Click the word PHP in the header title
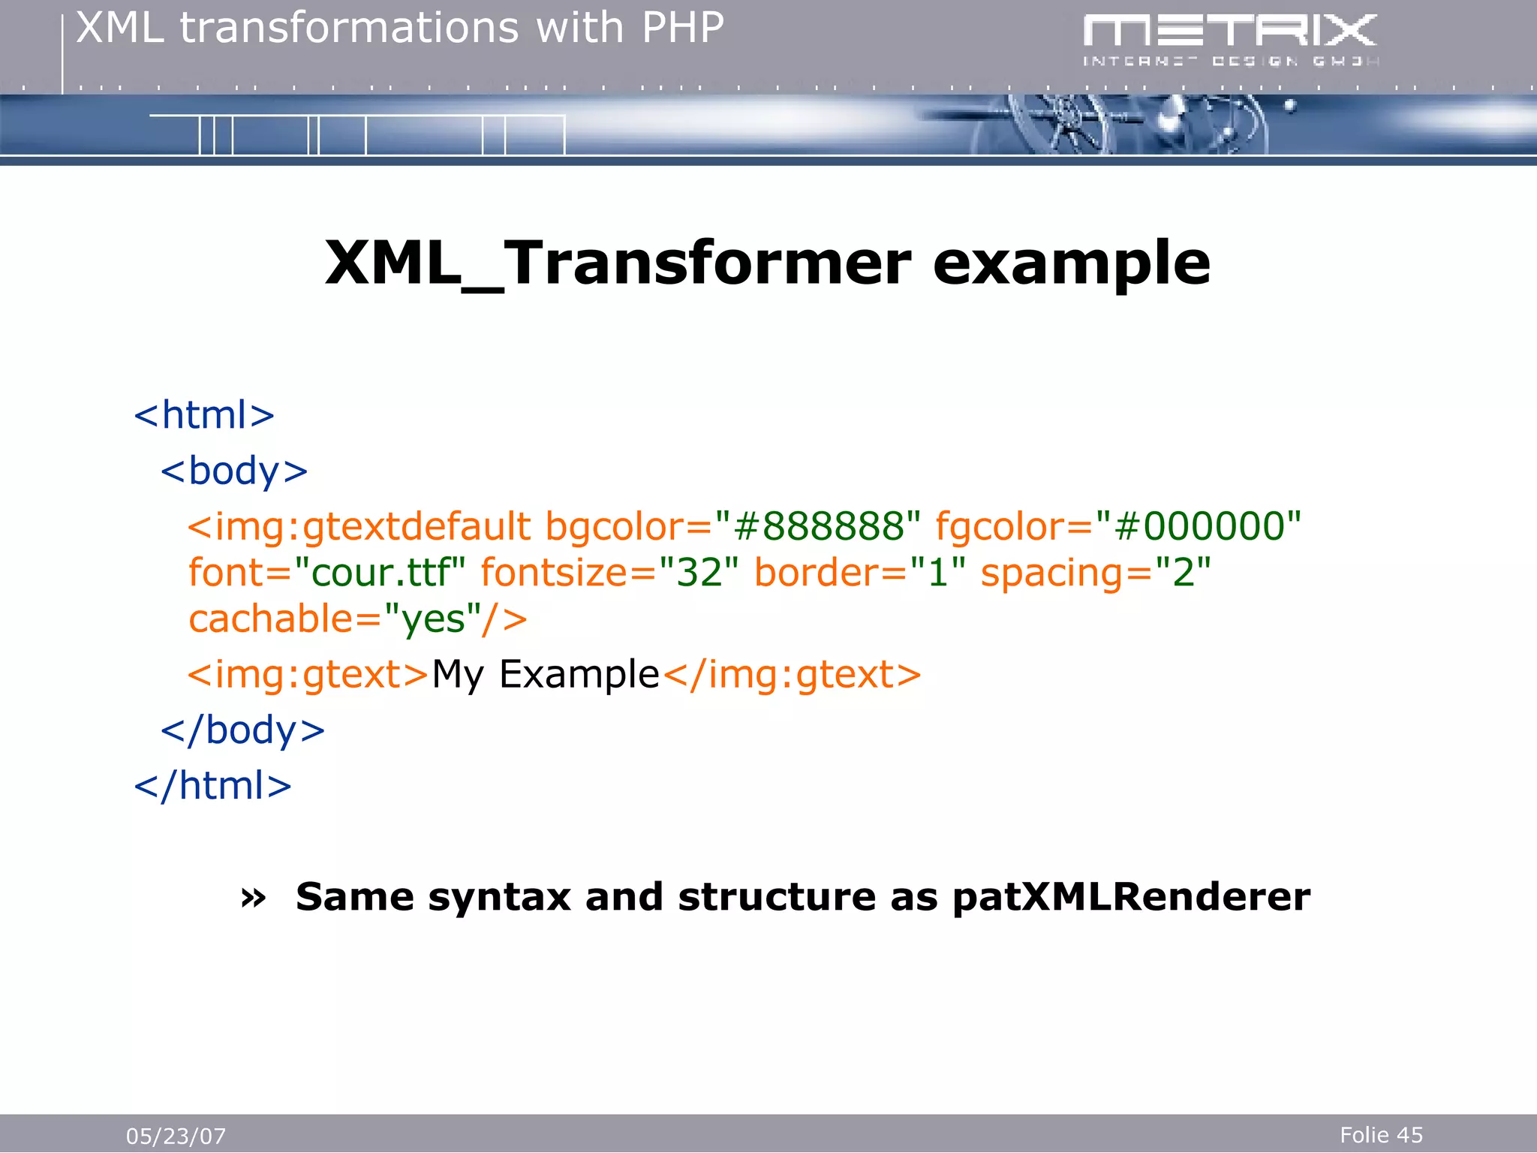coord(682,29)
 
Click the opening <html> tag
coord(204,415)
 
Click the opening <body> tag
coord(234,471)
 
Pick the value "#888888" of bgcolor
coord(817,526)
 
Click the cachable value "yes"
coord(432,620)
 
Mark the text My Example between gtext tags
coord(546,674)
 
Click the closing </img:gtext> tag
coord(792,674)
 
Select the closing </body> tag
coord(242,730)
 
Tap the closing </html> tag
coord(212,786)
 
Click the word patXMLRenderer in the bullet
coord(1130,897)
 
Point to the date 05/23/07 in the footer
coord(176,1136)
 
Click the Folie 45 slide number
coord(1381,1134)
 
